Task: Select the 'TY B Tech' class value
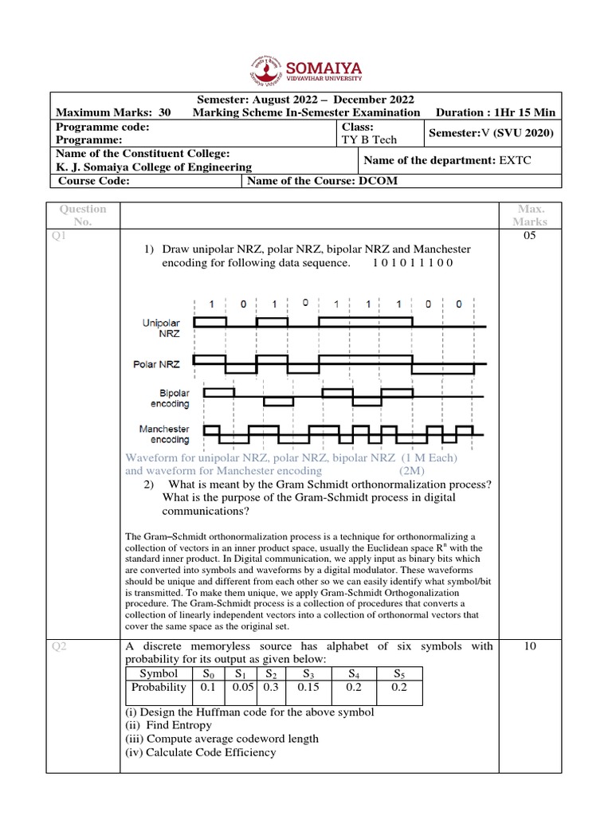point(369,139)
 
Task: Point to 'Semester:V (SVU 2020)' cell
point(491,132)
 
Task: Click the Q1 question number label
point(59,237)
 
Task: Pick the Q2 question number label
point(58,647)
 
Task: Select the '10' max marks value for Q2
point(530,646)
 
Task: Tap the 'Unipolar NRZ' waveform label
point(162,328)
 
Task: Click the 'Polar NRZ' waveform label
point(156,364)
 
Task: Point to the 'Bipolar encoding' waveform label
point(175,398)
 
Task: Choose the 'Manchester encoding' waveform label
point(164,434)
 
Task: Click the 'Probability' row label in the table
point(159,687)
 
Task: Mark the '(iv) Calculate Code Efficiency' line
point(200,752)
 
